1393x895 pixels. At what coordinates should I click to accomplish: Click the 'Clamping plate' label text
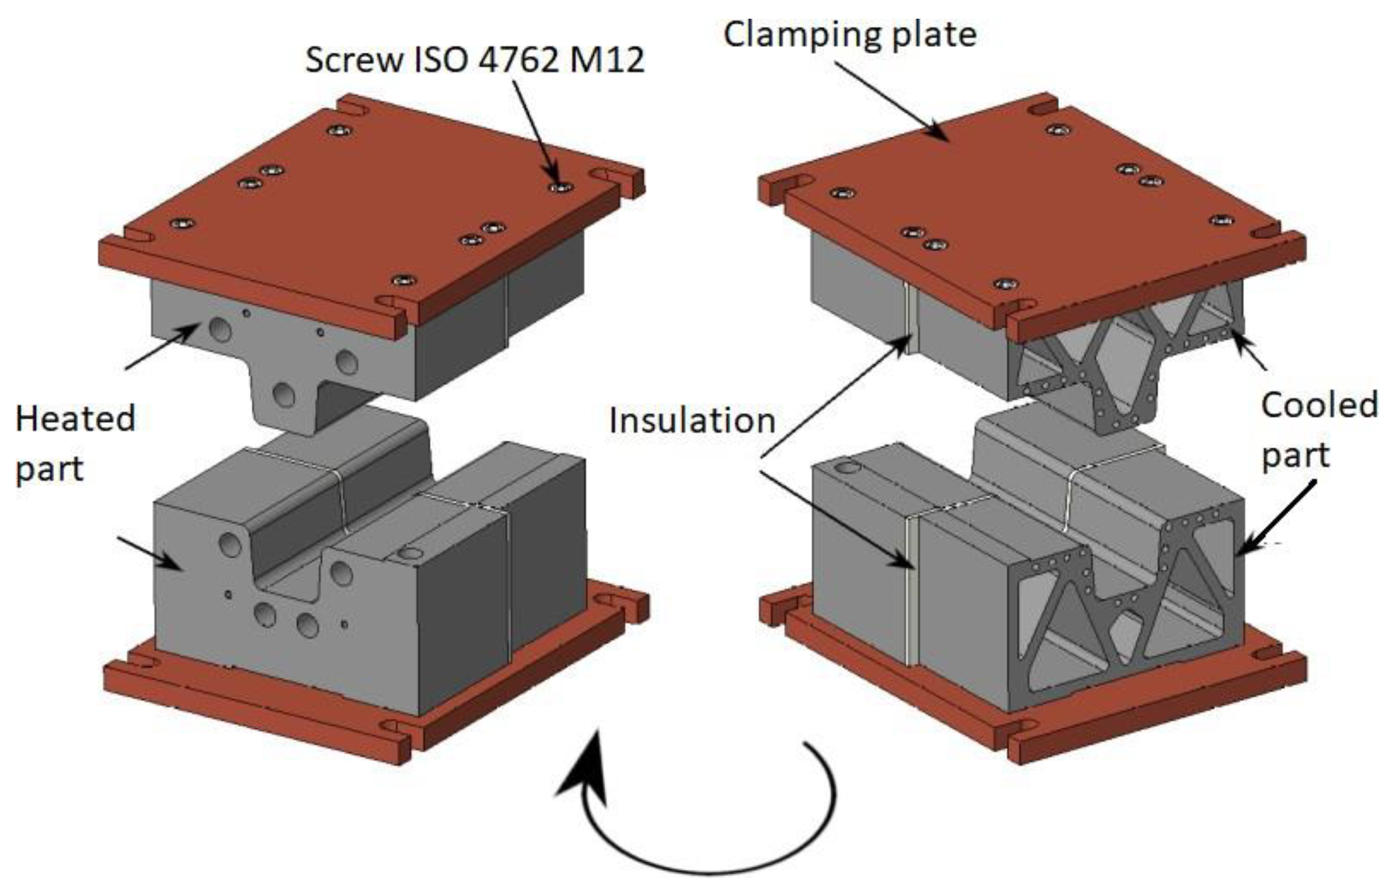pyautogui.click(x=849, y=35)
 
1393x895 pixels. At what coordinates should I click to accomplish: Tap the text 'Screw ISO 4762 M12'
pyautogui.click(x=475, y=60)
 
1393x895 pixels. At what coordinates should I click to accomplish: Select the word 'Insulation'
pyautogui.click(x=692, y=421)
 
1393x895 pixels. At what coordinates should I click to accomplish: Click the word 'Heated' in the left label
pyautogui.click(x=75, y=419)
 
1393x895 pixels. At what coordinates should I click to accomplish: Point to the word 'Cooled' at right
pyautogui.click(x=1319, y=405)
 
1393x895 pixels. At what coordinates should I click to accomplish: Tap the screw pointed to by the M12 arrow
pyautogui.click(x=561, y=188)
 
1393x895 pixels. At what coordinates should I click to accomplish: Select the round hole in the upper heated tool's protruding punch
pyautogui.click(x=284, y=395)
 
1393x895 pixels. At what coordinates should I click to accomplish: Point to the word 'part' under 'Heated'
pyautogui.click(x=49, y=469)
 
